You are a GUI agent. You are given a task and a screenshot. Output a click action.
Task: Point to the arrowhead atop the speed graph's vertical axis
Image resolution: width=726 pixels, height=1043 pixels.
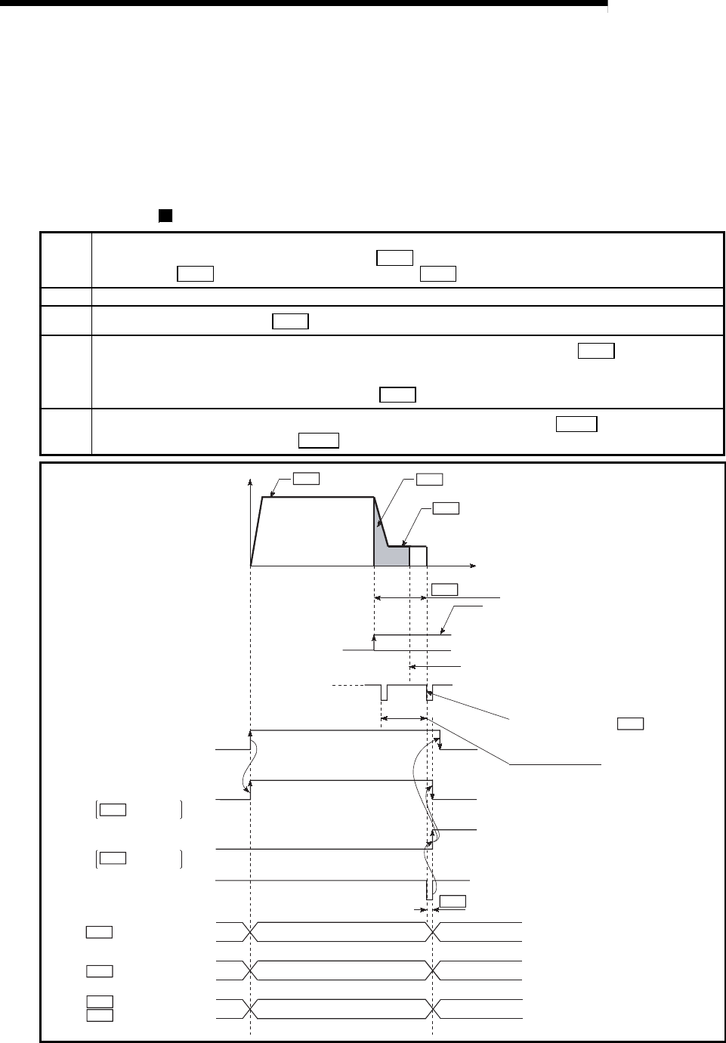tap(249, 480)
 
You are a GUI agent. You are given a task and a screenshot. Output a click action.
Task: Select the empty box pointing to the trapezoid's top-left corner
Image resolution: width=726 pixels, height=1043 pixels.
tap(306, 477)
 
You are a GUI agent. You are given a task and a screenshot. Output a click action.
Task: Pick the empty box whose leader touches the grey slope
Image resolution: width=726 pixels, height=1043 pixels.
tap(430, 478)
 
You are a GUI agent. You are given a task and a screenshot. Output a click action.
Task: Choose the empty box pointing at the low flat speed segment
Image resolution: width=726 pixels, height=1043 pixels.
tap(446, 508)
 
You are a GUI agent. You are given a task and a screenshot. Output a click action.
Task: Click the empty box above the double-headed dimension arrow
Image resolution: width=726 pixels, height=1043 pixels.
tap(444, 589)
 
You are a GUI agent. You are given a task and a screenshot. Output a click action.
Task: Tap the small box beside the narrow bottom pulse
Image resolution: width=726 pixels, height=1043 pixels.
tap(453, 900)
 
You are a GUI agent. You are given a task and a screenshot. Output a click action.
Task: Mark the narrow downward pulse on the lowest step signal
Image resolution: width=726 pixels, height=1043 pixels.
tap(429, 890)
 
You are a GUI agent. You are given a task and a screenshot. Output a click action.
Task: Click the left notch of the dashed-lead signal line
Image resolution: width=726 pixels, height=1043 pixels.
tap(384, 692)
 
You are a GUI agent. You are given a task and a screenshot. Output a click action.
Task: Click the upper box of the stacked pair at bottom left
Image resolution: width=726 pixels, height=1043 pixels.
tap(100, 1001)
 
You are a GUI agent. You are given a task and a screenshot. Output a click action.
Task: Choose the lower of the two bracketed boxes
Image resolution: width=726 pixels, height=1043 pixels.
tap(112, 857)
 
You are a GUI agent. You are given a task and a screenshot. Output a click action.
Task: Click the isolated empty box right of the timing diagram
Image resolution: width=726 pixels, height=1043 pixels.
tap(630, 723)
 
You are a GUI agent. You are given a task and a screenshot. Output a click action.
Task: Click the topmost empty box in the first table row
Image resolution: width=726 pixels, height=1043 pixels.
tap(394, 258)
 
